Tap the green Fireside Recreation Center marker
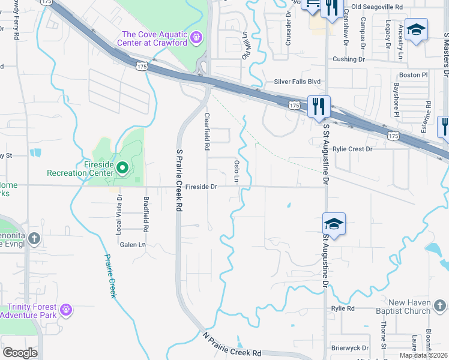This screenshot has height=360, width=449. point(122,168)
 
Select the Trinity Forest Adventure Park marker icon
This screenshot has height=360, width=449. point(66,310)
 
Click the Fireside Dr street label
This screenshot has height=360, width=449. point(200,187)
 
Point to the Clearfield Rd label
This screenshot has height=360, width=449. point(207,131)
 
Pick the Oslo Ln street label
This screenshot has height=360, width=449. point(237,171)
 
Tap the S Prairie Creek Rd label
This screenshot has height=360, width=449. point(179,181)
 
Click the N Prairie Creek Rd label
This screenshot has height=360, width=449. point(232,345)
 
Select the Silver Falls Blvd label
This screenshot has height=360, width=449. point(297,82)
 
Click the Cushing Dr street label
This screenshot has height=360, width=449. point(349,59)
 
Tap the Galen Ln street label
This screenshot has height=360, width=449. point(133,244)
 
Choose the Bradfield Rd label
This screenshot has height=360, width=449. point(145,214)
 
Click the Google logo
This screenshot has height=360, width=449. point(20,352)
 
